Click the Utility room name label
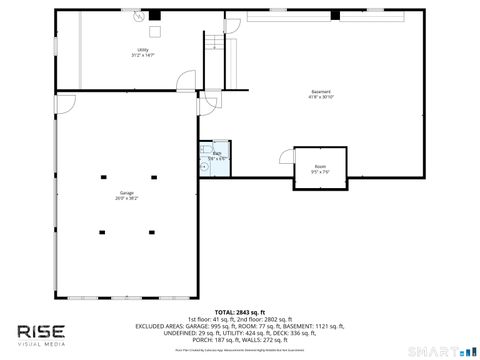143,50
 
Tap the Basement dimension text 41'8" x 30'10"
321,98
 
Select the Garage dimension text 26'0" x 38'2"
127,199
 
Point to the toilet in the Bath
204,167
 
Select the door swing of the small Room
285,157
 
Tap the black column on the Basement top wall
337,15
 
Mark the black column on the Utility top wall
154,15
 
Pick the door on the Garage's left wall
63,101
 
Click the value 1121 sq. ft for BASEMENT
328,325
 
